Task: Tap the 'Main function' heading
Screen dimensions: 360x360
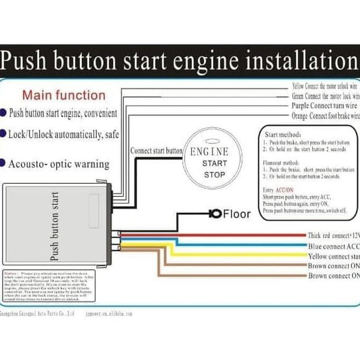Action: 64,95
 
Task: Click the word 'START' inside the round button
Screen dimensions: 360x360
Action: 214,164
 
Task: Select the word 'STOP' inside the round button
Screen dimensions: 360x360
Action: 214,175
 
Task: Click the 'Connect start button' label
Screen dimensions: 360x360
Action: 156,150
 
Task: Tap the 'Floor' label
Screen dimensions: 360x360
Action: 237,214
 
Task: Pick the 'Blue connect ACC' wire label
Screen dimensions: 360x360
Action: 333,246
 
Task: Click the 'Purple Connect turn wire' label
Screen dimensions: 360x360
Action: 325,106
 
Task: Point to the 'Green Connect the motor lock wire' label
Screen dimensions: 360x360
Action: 325,96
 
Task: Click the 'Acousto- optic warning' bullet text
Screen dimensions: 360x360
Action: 58,164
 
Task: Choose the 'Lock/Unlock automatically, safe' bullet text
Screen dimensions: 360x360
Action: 63,134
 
